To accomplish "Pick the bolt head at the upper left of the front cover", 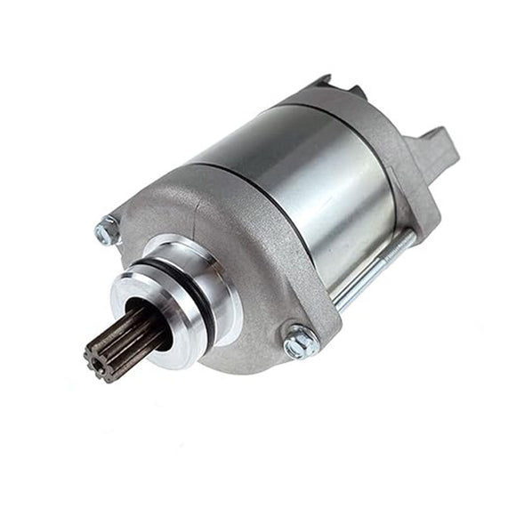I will click(x=106, y=230).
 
